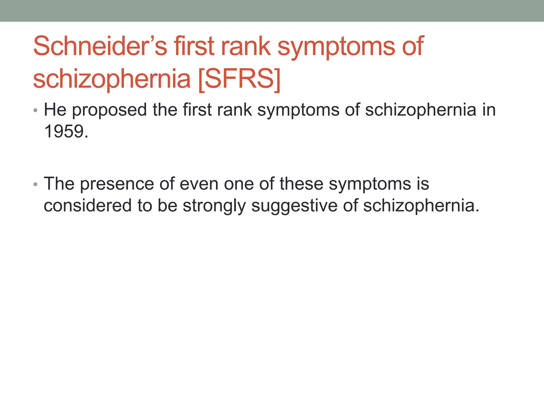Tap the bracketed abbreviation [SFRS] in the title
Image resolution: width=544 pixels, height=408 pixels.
(239, 79)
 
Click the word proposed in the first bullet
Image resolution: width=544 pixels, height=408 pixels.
(109, 110)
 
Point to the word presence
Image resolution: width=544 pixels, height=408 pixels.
(117, 184)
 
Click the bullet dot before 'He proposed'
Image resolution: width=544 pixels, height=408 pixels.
(36, 110)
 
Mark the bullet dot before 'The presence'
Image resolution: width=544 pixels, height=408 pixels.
(36, 184)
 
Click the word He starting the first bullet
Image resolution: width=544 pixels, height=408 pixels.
(55, 110)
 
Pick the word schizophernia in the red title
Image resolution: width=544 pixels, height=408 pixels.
(112, 79)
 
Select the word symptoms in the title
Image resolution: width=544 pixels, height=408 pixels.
(336, 46)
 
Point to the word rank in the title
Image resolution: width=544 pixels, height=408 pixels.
(246, 46)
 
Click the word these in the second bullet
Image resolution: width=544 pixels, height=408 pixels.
(301, 184)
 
